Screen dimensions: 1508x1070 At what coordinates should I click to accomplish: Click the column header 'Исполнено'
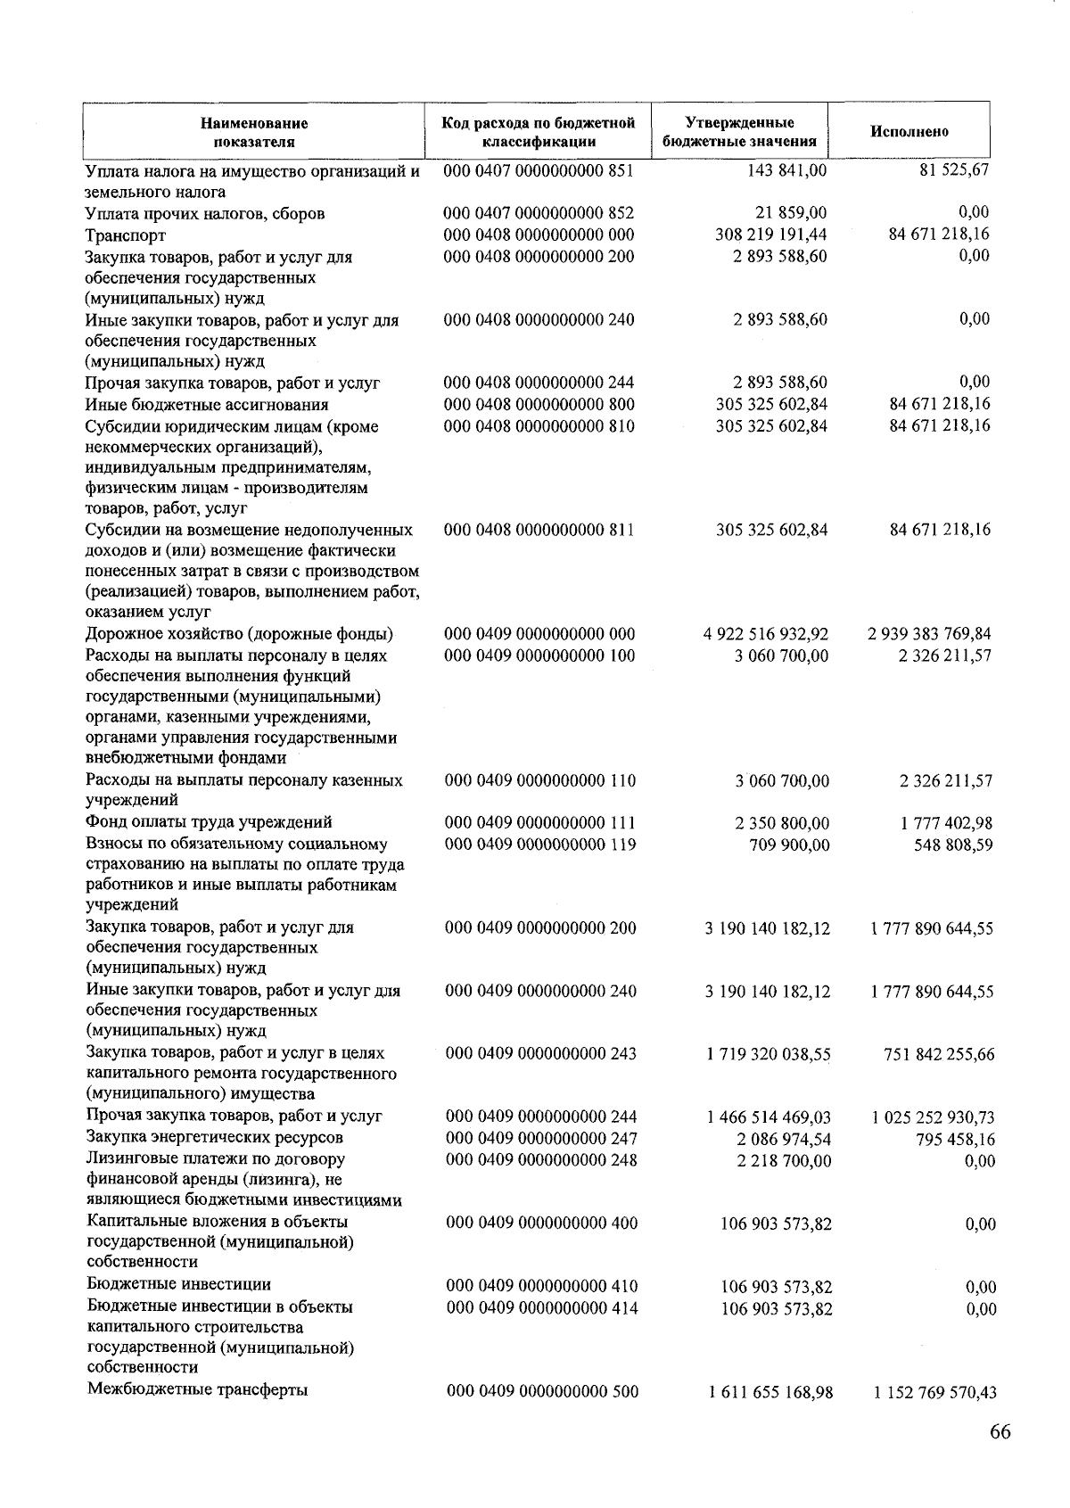tap(909, 132)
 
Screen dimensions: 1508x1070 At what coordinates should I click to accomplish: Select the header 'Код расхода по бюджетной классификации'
tap(539, 132)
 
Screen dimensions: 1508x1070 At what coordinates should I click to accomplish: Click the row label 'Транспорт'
tap(126, 235)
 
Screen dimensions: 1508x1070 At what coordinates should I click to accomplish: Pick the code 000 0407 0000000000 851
tap(539, 170)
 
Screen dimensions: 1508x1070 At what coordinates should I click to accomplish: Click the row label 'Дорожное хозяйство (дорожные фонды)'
tap(240, 634)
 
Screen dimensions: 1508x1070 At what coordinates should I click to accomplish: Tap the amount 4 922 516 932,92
tap(766, 634)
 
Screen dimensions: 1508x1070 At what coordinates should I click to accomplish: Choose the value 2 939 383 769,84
tap(929, 634)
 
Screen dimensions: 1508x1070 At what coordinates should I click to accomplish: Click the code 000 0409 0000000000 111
tap(540, 822)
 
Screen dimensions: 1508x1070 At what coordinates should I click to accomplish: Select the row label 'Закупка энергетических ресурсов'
tap(214, 1137)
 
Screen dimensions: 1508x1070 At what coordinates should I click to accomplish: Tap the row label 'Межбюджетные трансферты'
tap(197, 1389)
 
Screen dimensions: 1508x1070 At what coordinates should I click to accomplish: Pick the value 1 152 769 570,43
tap(934, 1392)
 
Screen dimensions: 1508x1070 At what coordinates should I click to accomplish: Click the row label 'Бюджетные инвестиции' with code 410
tap(178, 1284)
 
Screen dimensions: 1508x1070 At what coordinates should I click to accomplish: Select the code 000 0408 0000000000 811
tap(539, 530)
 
